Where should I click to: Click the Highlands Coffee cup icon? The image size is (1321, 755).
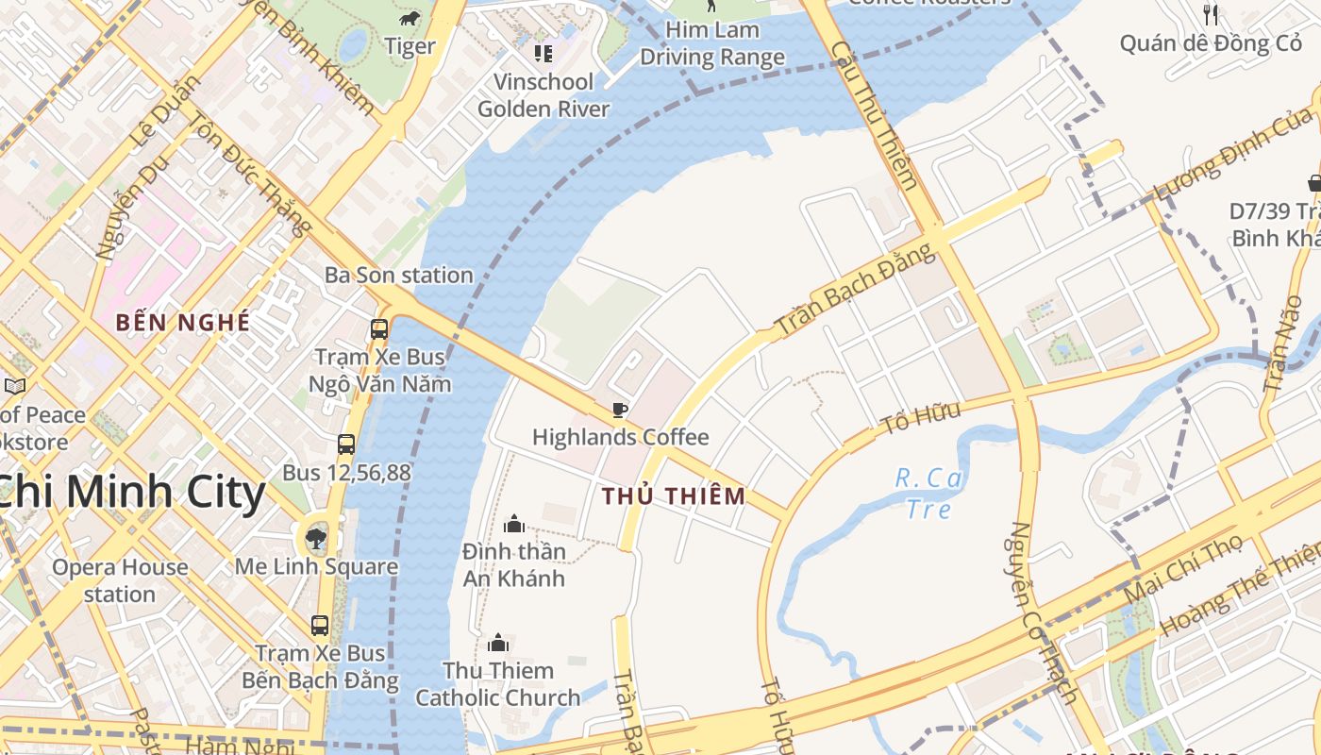[619, 410]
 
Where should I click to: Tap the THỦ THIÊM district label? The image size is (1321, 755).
[674, 495]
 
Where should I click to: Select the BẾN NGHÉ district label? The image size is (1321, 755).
[183, 322]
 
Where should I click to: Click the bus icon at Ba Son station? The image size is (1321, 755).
[379, 329]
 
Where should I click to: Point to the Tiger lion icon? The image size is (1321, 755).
[409, 19]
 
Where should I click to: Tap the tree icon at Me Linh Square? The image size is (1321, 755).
[316, 539]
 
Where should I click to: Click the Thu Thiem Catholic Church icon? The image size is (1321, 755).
[498, 644]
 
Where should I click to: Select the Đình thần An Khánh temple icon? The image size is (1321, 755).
[514, 523]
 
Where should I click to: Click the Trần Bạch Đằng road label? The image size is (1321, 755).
[855, 289]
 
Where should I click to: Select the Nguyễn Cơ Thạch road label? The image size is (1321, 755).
[1043, 613]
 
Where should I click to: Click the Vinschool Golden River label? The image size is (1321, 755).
[543, 95]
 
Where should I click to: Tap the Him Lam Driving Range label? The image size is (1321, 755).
[712, 43]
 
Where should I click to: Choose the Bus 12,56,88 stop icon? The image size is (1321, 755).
[346, 445]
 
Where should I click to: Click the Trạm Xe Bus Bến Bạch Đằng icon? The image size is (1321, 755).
[320, 625]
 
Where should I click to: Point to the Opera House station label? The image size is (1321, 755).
[120, 580]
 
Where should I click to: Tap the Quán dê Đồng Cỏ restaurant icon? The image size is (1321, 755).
[1211, 14]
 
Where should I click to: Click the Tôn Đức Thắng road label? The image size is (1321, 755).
[250, 175]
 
